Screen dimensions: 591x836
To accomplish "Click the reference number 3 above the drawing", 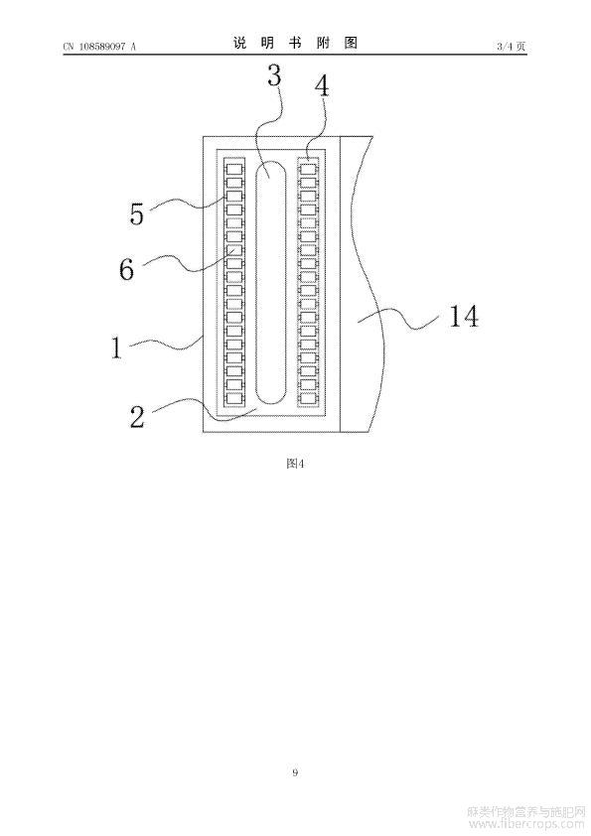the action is pyautogui.click(x=274, y=76).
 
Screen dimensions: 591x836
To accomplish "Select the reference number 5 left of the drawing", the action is pyautogui.click(x=137, y=213).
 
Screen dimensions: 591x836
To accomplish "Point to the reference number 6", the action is pyautogui.click(x=126, y=269).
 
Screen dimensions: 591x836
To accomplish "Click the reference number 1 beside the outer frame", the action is pyautogui.click(x=116, y=348).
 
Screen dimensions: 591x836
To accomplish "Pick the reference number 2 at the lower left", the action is pyautogui.click(x=137, y=416).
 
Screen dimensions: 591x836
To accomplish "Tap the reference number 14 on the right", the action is pyautogui.click(x=464, y=316).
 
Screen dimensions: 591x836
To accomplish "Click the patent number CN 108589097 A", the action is pyautogui.click(x=99, y=47).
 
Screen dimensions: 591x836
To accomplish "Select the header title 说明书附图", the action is pyautogui.click(x=295, y=43).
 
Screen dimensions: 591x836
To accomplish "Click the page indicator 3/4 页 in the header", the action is pyautogui.click(x=512, y=47).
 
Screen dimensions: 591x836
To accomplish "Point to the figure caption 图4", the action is pyautogui.click(x=295, y=464).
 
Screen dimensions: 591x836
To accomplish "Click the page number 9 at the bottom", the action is pyautogui.click(x=295, y=772).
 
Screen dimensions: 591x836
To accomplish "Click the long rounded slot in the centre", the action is pyautogui.click(x=271, y=282).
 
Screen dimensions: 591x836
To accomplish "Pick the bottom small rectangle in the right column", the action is pyautogui.click(x=308, y=397).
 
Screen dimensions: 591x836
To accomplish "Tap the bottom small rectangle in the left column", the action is pyautogui.click(x=234, y=397).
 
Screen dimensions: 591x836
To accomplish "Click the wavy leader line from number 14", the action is pyautogui.click(x=399, y=318).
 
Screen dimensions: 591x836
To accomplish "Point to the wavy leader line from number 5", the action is pyautogui.click(x=188, y=204).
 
